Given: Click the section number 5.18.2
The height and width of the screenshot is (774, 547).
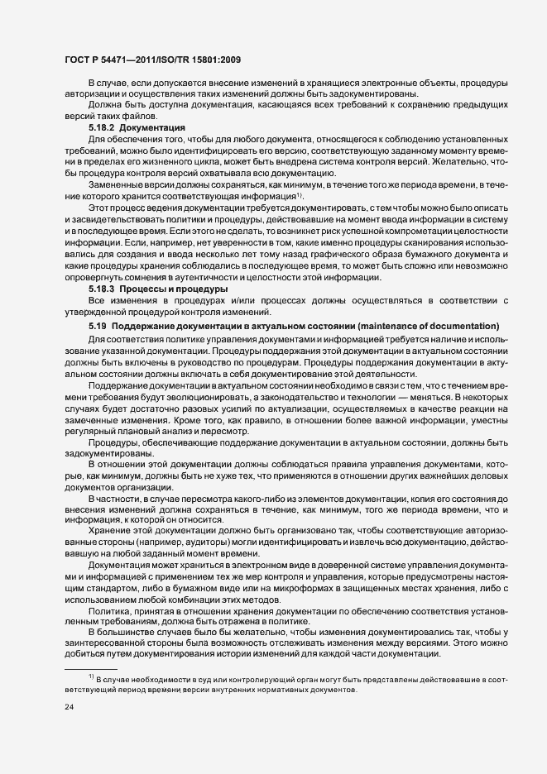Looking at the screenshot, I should [x=102, y=128].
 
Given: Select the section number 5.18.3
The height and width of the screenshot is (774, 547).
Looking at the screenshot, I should [x=102, y=289].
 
